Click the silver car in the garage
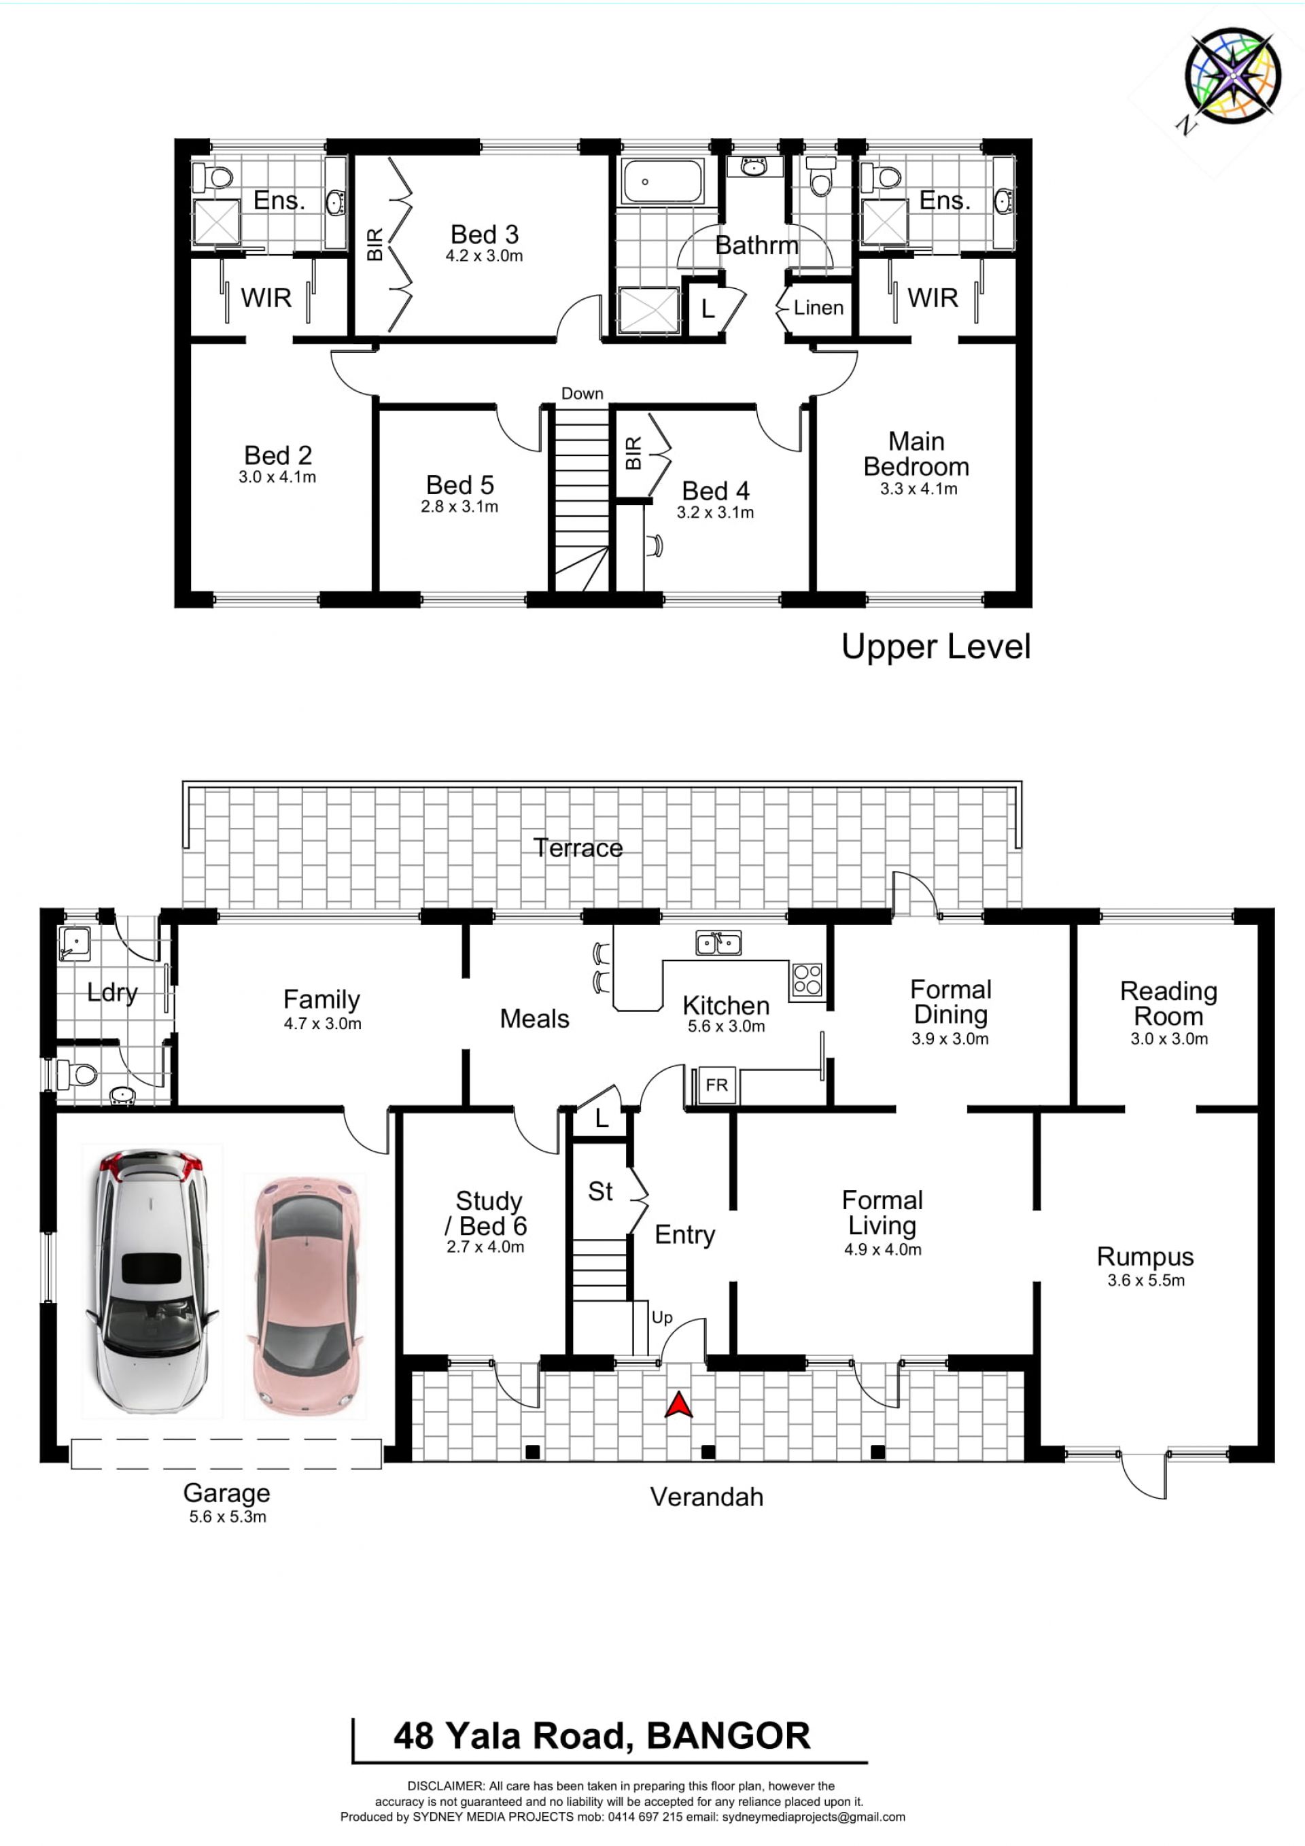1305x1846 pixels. (x=151, y=1283)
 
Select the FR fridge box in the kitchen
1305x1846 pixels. (x=716, y=1085)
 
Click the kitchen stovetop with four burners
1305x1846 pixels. (x=807, y=979)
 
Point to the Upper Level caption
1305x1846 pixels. (x=935, y=646)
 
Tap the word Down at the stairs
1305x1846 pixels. (x=582, y=393)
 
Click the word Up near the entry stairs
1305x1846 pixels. (x=662, y=1318)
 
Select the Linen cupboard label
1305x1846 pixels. (x=818, y=307)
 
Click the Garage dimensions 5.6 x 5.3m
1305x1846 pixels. (x=228, y=1516)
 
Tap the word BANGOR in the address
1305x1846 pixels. (x=729, y=1735)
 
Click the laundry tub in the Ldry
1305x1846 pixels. (x=74, y=943)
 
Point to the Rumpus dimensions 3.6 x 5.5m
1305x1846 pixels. (x=1146, y=1280)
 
